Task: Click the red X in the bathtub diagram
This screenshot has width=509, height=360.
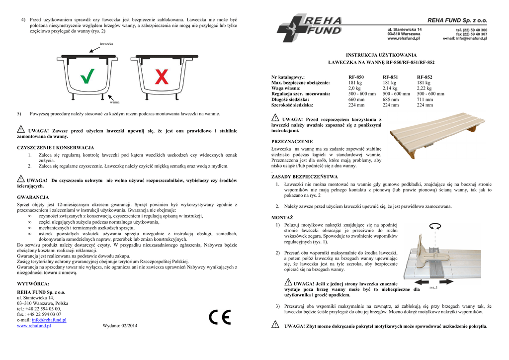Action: point(162,77)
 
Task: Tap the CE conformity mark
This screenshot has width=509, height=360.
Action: point(219,317)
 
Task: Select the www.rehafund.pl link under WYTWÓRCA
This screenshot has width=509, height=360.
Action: point(34,326)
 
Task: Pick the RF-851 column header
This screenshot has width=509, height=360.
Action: point(390,77)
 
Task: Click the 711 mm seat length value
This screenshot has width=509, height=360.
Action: point(424,99)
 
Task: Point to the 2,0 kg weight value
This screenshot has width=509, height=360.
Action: point(354,88)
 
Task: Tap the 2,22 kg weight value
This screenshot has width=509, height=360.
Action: point(424,88)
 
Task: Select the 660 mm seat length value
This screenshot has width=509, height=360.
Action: point(356,99)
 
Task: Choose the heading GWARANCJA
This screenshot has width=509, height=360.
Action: point(33,197)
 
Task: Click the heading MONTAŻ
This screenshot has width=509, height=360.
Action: point(282,218)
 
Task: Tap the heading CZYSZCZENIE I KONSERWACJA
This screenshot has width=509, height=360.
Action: point(55,148)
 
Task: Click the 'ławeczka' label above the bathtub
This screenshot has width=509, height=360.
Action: point(106,44)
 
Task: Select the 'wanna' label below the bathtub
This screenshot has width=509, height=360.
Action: point(114,102)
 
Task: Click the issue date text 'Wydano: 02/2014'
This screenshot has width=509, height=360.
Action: point(120,326)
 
